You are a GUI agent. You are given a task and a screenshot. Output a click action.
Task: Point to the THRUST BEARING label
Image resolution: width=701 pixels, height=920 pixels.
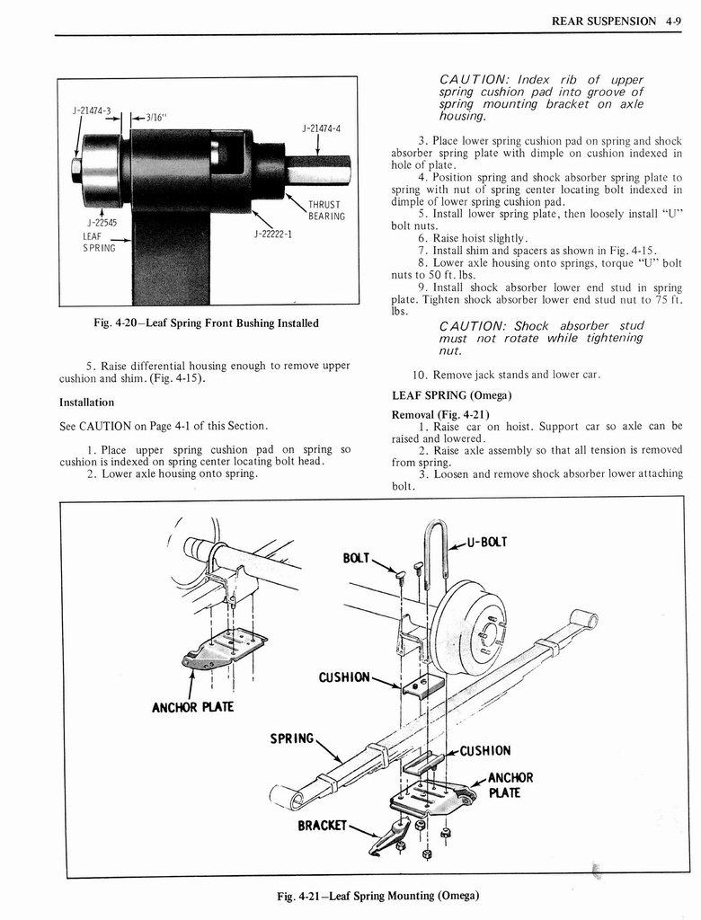pos(325,210)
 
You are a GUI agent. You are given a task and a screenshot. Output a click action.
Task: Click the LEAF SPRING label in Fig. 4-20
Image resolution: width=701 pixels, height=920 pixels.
pos(99,243)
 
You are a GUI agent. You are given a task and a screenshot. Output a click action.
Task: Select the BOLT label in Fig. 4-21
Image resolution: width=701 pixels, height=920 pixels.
pos(357,557)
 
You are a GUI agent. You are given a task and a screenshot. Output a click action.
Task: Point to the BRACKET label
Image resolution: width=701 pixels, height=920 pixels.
pos(323,823)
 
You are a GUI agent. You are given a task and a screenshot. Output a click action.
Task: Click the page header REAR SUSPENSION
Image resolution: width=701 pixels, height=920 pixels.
pos(603,21)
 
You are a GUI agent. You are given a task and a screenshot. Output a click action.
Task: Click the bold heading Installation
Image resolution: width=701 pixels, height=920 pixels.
pos(86,402)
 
